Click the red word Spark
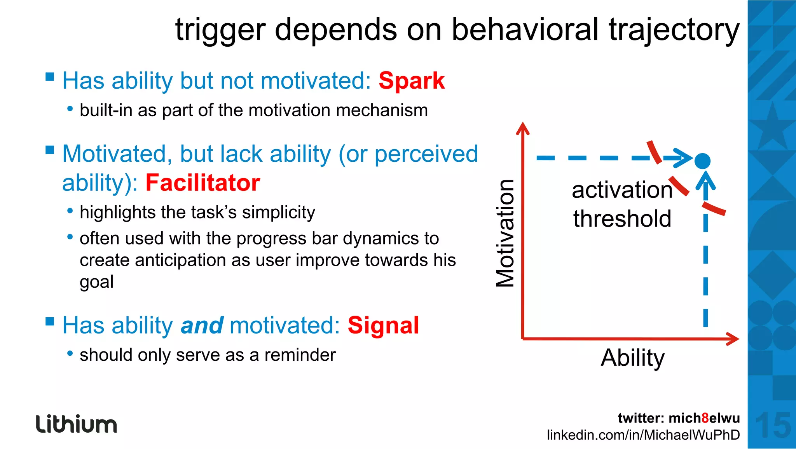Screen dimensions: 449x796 pos(411,81)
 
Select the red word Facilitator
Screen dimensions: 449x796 pos(202,183)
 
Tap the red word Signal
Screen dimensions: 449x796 pos(383,325)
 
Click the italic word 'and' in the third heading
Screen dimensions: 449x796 pos(202,325)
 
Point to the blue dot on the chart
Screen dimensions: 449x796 pos(702,161)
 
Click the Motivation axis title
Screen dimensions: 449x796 pos(505,233)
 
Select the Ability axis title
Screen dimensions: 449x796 pos(632,358)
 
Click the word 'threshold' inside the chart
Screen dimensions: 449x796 pos(622,218)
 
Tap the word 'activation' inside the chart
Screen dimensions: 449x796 pos(622,190)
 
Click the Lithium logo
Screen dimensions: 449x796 pos(76,424)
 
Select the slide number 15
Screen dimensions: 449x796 pos(773,426)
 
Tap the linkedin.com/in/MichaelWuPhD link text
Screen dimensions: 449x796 pos(643,435)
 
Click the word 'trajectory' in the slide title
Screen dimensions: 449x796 pos(674,30)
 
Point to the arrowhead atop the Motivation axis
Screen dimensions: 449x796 pos(523,127)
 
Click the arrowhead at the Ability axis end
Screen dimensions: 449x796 pos(734,339)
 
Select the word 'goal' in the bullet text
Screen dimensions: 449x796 pos(96,282)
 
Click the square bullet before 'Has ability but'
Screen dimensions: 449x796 pos(50,76)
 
